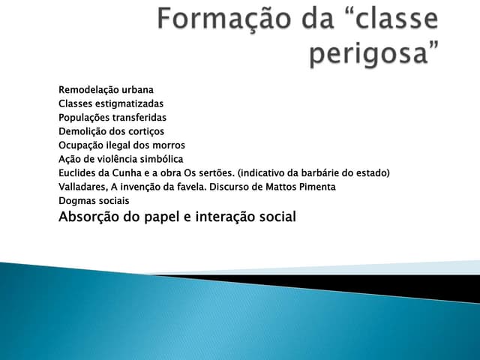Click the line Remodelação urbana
pos(106,90)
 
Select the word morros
pos(167,145)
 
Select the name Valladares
pos(82,187)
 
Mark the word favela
pos(193,187)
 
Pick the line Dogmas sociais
pos(94,200)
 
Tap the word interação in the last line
pos(223,217)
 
